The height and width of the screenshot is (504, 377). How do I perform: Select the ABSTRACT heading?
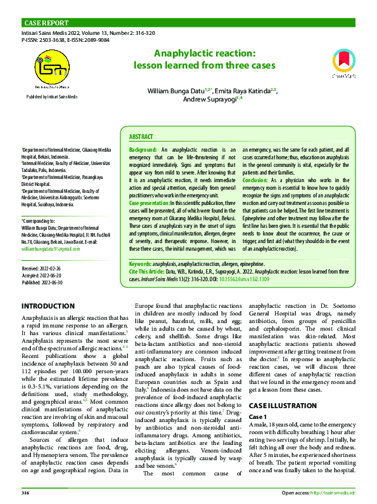pyautogui.click(x=141, y=137)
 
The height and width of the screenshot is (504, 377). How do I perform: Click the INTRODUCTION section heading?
pyautogui.click(x=48, y=306)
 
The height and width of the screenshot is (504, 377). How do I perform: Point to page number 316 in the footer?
pyautogui.click(x=25, y=492)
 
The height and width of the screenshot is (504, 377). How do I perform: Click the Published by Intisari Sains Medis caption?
pyautogui.click(x=52, y=96)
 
